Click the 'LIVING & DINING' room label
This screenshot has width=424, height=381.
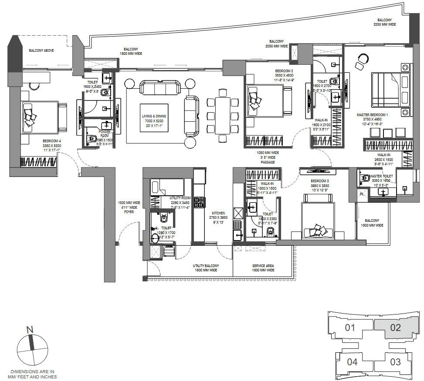click(x=154, y=116)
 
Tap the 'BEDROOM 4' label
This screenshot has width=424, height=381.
click(x=51, y=141)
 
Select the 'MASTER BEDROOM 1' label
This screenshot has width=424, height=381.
click(x=372, y=115)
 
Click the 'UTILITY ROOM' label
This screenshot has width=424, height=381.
click(x=180, y=198)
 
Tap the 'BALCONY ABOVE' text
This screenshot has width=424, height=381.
click(x=41, y=50)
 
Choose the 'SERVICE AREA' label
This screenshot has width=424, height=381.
click(x=263, y=265)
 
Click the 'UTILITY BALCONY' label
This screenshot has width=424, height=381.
click(x=206, y=265)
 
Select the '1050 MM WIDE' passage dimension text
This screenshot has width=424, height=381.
click(x=268, y=153)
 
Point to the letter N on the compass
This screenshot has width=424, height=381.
click(x=30, y=330)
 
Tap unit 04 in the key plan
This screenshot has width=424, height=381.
click(x=353, y=361)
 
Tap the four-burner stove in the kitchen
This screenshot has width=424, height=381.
click(x=199, y=202)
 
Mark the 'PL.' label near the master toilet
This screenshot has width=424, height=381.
click(x=362, y=194)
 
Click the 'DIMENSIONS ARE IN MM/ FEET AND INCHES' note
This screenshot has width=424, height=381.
click(x=33, y=374)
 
